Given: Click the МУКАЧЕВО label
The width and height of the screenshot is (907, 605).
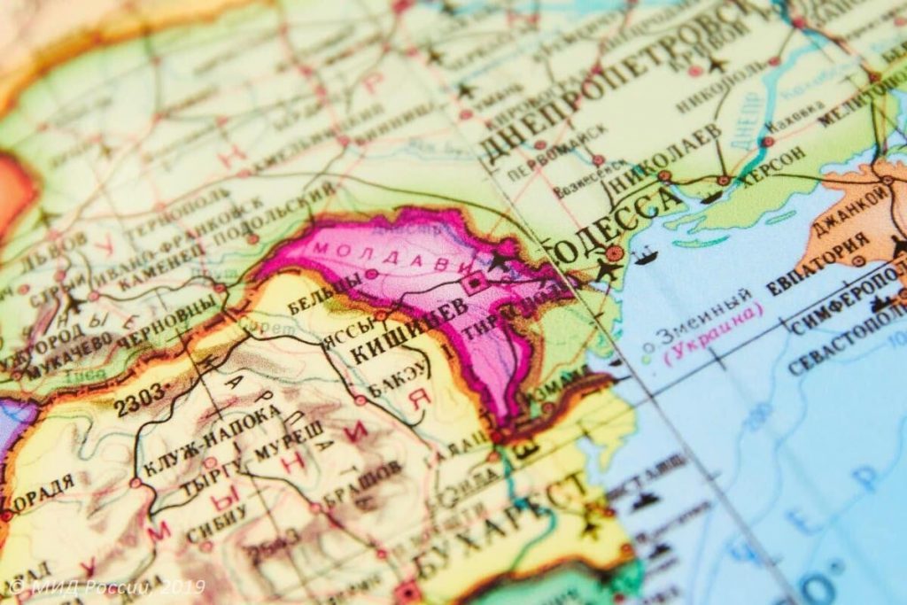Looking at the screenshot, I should pos(70,353).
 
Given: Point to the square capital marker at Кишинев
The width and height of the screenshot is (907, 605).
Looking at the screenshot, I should pos(476,283).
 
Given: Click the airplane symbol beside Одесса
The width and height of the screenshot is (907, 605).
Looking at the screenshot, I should pos(609,268).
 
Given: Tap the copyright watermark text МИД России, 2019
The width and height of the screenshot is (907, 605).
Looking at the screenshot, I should pos(107,586).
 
